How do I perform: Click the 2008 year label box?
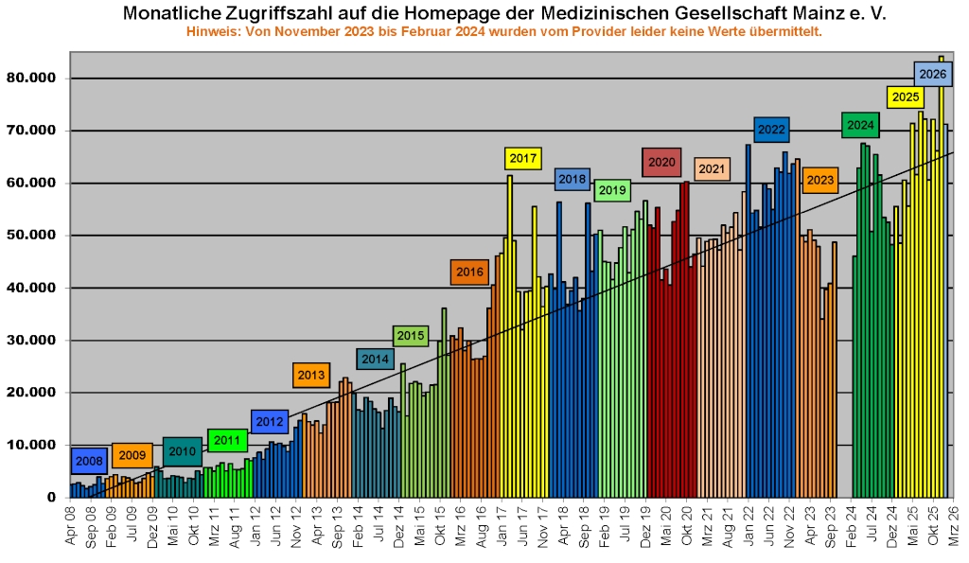point(89,461)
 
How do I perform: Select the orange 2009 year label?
point(132,455)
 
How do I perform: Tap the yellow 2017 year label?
point(522,158)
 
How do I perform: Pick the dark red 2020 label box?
point(661,162)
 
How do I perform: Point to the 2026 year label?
point(932,74)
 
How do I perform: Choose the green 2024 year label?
point(860,125)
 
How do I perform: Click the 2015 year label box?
point(410,335)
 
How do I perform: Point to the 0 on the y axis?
point(51,497)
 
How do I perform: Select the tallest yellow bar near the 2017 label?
point(510,284)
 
